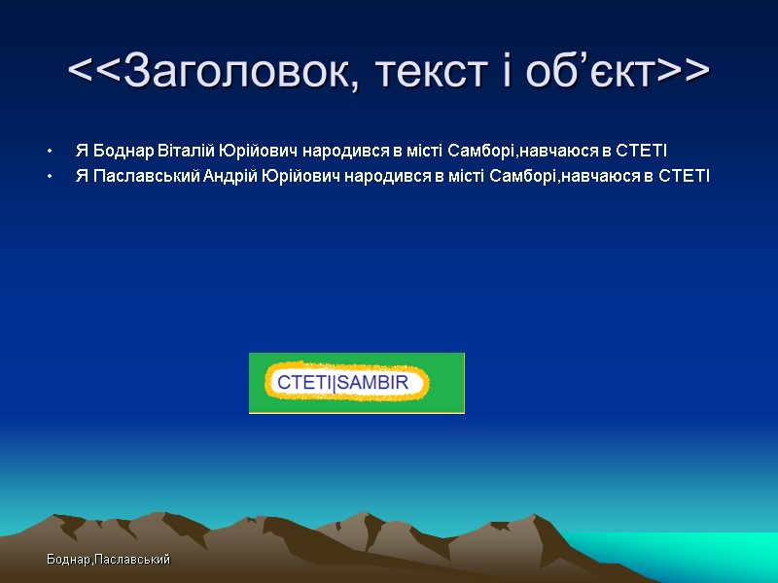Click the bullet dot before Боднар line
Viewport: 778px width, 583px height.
tap(48, 152)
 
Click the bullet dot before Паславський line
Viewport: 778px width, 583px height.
tap(48, 177)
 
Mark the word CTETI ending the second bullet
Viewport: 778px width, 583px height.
tap(685, 176)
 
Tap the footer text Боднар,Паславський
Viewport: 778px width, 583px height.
tap(107, 560)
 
